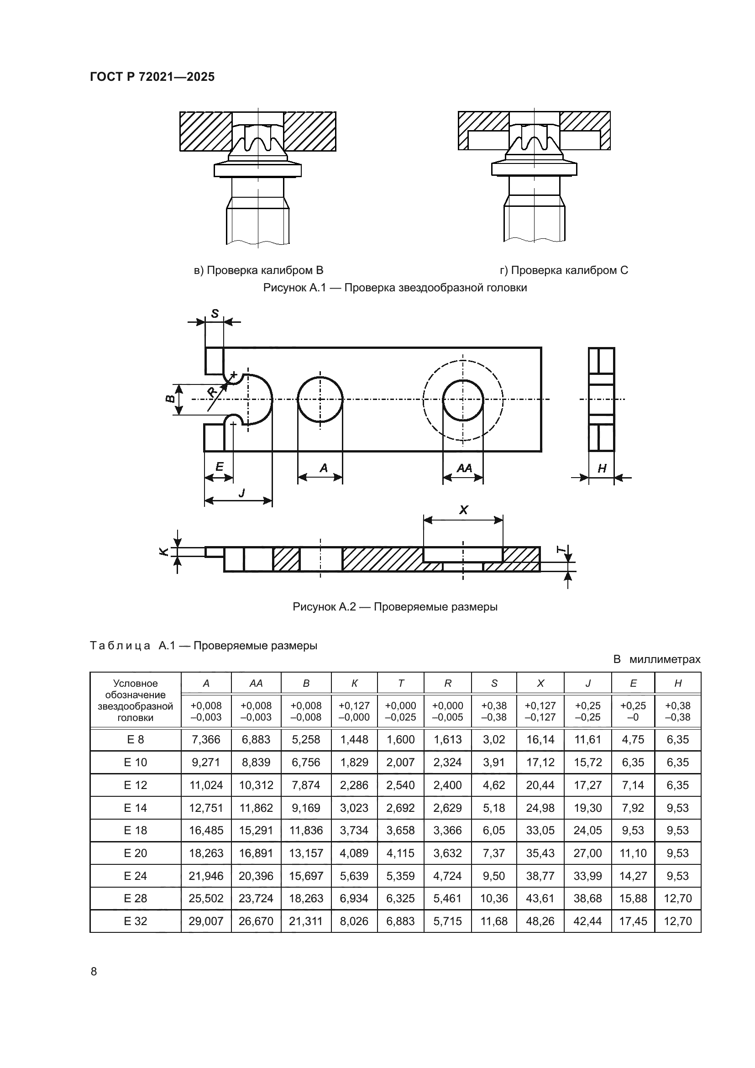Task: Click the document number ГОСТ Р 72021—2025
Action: point(152,77)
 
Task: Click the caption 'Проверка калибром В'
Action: point(258,270)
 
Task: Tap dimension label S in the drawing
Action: point(215,314)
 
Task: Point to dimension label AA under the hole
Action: point(463,468)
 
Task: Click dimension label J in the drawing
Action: point(241,493)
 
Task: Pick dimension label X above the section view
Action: point(463,510)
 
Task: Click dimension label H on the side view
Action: point(602,469)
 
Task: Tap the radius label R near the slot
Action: point(212,391)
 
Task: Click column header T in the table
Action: point(400,684)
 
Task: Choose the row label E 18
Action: point(135,830)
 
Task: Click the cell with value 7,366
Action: point(206,740)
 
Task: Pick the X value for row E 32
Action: point(540,921)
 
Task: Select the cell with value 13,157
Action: point(306,853)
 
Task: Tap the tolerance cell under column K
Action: point(354,711)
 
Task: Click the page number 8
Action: point(94,971)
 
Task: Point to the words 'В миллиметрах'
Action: point(656,659)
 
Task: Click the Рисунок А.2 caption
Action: point(395,607)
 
